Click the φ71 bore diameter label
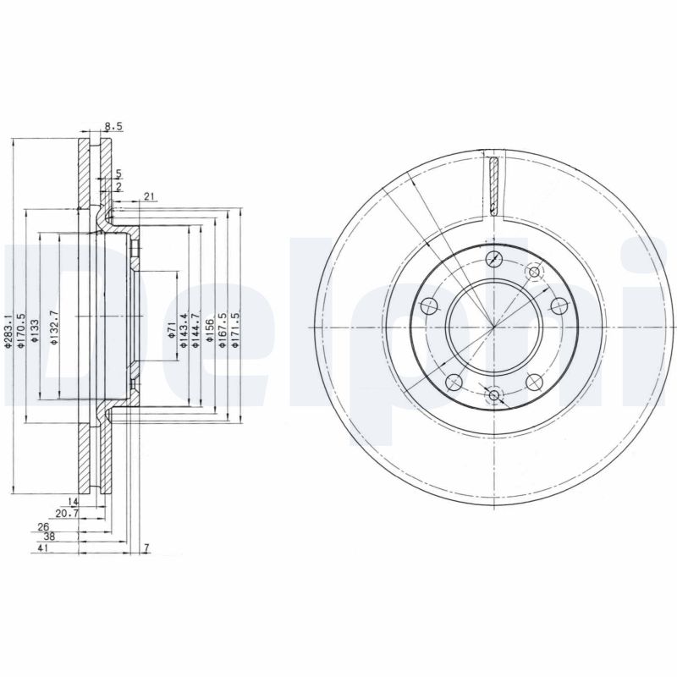pyautogui.click(x=171, y=329)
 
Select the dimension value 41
pyautogui.click(x=42, y=549)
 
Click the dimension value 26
pyautogui.click(x=43, y=526)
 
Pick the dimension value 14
pyautogui.click(x=73, y=502)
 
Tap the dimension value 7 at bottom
pyautogui.click(x=146, y=549)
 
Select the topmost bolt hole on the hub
pyautogui.click(x=495, y=260)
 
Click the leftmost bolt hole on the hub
pyautogui.click(x=429, y=305)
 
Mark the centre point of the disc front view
pyautogui.click(x=494, y=327)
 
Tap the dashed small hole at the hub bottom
pyautogui.click(x=494, y=393)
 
